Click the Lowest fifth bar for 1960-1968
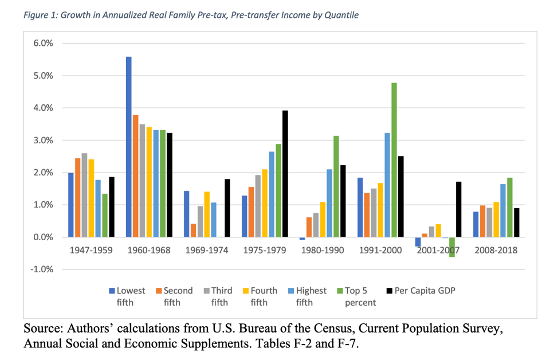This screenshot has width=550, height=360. pos(129,147)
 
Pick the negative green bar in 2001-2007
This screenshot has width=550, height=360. pos(452,247)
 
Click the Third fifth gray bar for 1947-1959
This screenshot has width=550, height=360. pos(84,195)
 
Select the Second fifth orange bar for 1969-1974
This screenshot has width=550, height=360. pos(193,230)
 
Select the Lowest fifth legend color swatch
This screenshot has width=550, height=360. pos(112,291)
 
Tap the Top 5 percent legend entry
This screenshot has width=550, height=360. pos(361,296)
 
